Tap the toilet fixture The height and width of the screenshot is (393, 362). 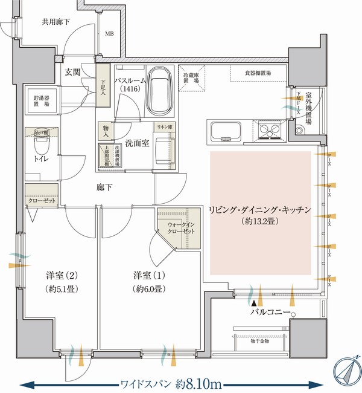pyautogui.click(x=41, y=146)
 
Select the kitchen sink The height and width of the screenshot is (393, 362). pyautogui.click(x=225, y=130)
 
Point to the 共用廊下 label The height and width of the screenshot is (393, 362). pyautogui.click(x=55, y=22)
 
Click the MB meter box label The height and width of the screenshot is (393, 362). pyautogui.click(x=110, y=34)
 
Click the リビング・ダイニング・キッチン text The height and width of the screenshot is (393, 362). pyautogui.click(x=259, y=210)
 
